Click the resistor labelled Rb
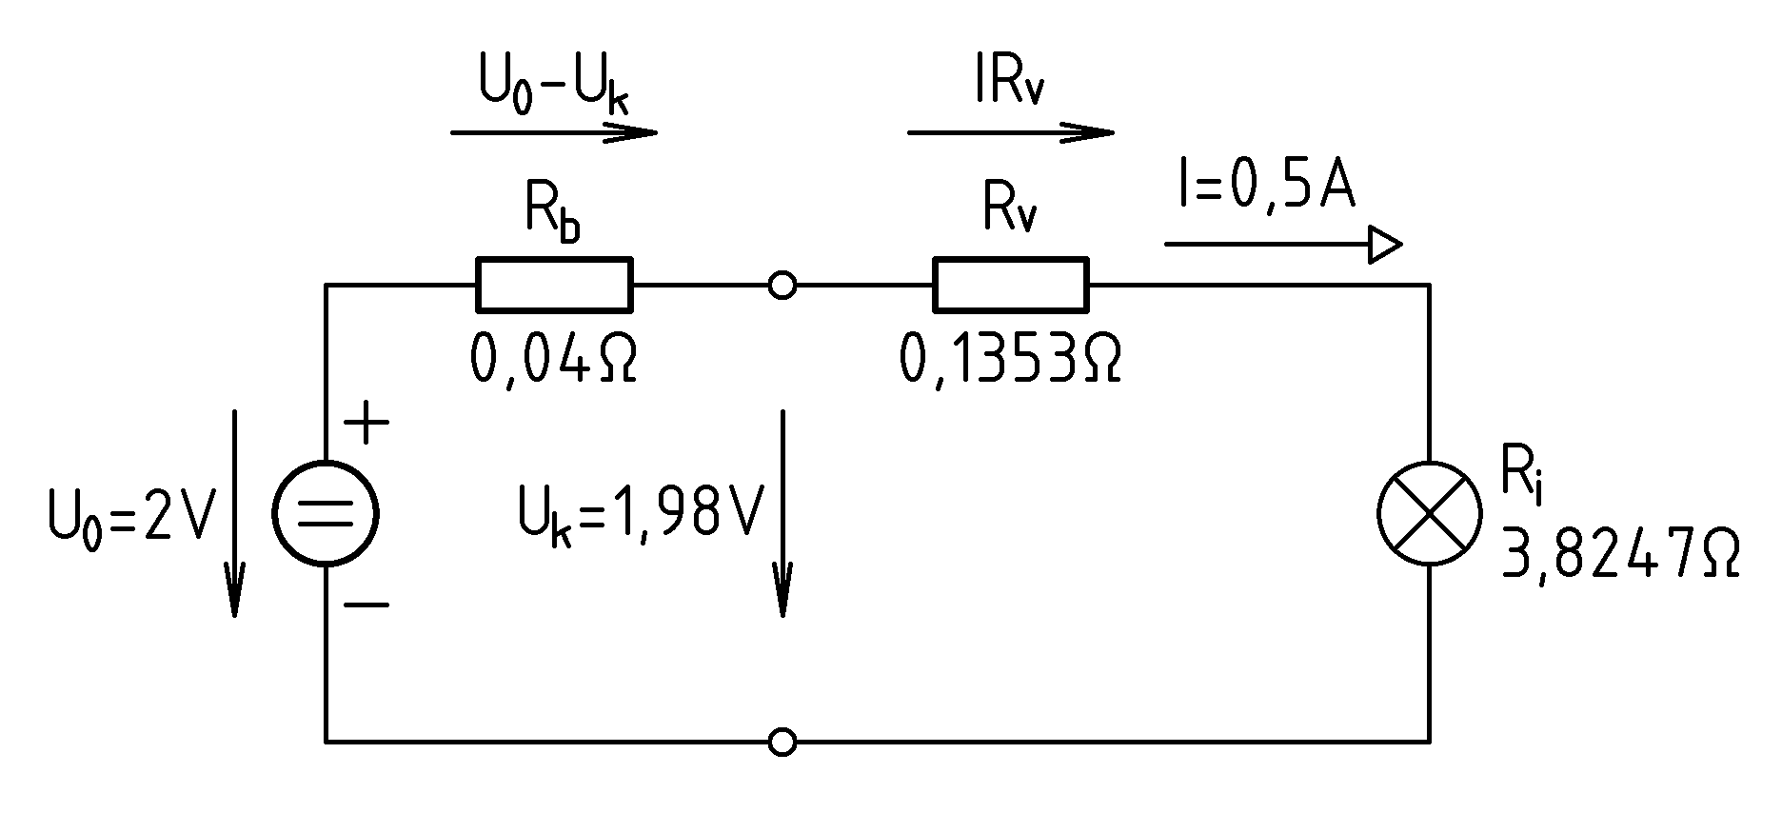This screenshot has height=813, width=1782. pyautogui.click(x=554, y=285)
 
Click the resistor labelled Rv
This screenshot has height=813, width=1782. pyautogui.click(x=1011, y=285)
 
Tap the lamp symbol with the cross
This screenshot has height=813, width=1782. pyautogui.click(x=1430, y=513)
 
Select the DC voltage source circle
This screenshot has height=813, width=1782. pyautogui.click(x=326, y=513)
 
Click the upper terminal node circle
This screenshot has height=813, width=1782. pyautogui.click(x=782, y=285)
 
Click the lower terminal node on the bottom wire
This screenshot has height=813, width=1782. pyautogui.click(x=782, y=742)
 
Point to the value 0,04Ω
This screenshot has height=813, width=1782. pyautogui.click(x=553, y=360)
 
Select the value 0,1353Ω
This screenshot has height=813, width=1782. pyautogui.click(x=1010, y=360)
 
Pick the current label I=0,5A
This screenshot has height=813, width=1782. pyautogui.click(x=1266, y=188)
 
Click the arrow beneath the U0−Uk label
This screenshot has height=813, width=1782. pyautogui.click(x=554, y=132)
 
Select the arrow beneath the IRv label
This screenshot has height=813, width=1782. pyautogui.click(x=1011, y=132)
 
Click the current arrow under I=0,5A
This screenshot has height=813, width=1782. pyautogui.click(x=1283, y=246)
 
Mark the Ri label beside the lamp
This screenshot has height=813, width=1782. pyautogui.click(x=1520, y=474)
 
